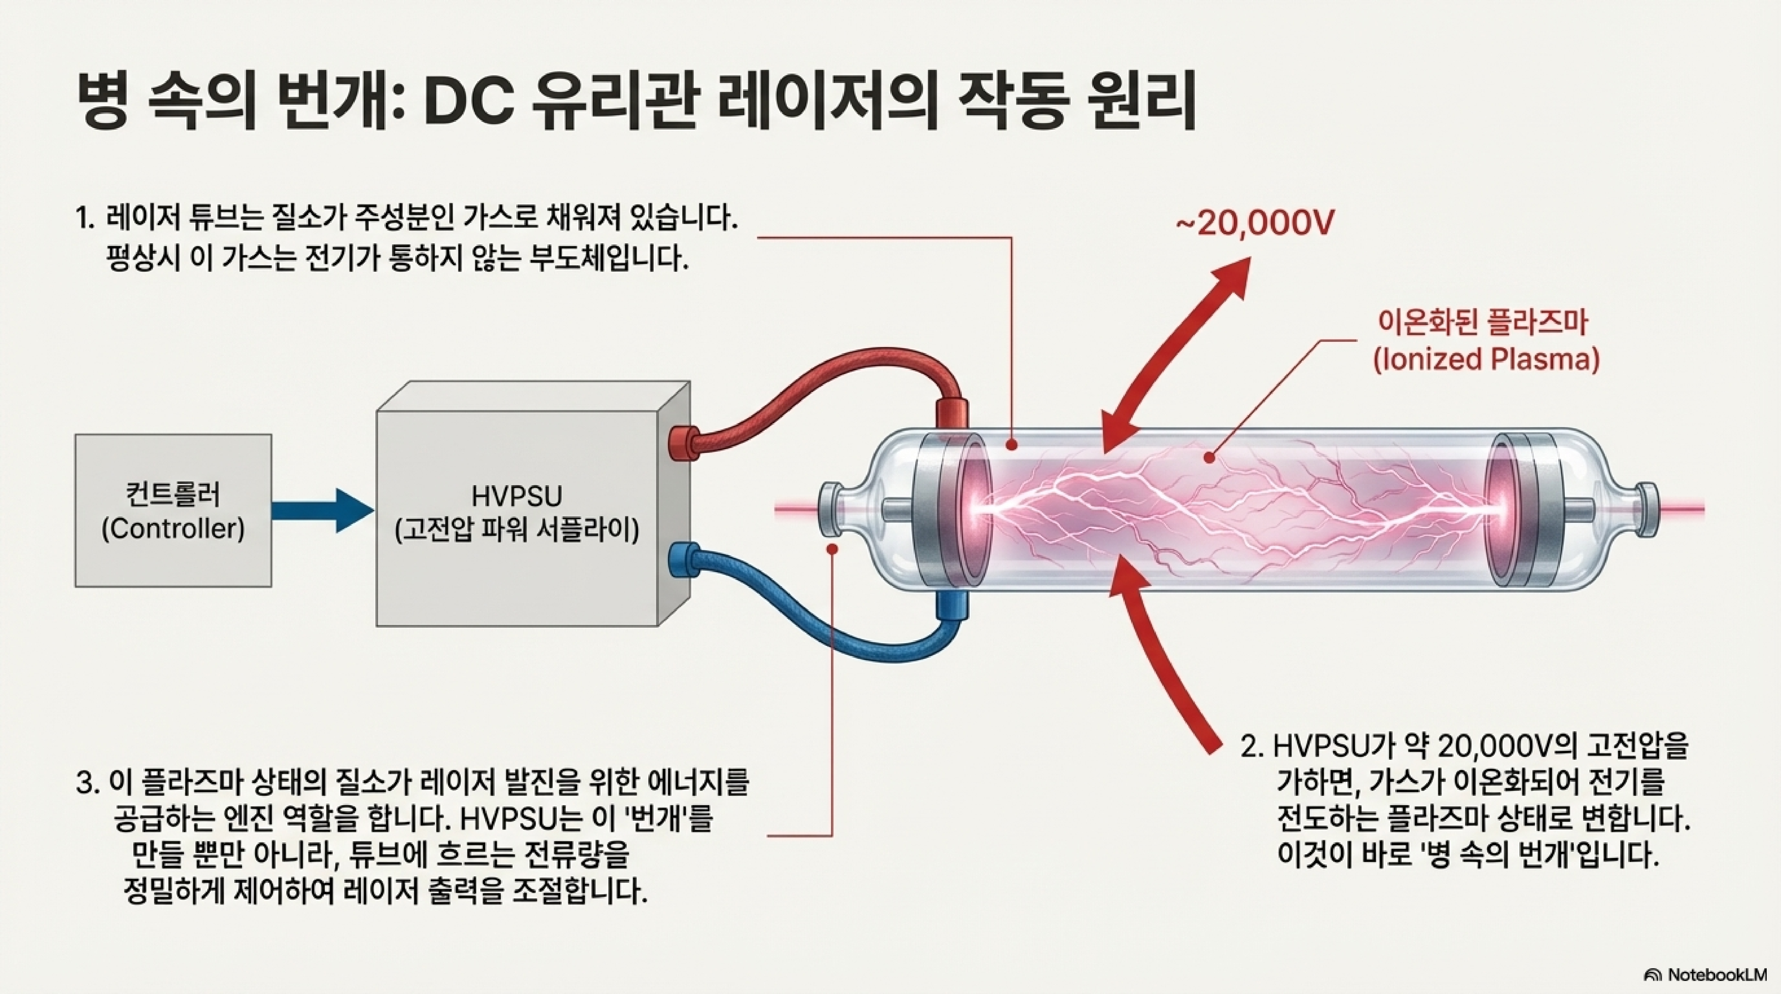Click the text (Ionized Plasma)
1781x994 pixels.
[x=1486, y=359]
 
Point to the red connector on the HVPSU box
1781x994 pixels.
[x=683, y=442]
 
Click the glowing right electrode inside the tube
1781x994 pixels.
[x=1502, y=510]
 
